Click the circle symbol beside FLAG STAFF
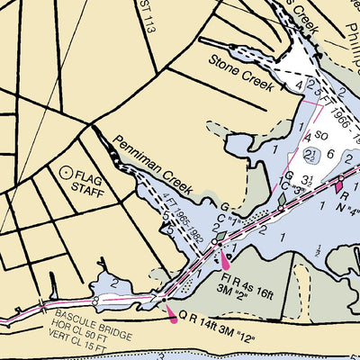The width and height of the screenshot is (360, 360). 65,170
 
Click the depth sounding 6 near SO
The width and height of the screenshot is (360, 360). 331,154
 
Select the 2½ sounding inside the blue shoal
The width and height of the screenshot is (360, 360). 310,155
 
